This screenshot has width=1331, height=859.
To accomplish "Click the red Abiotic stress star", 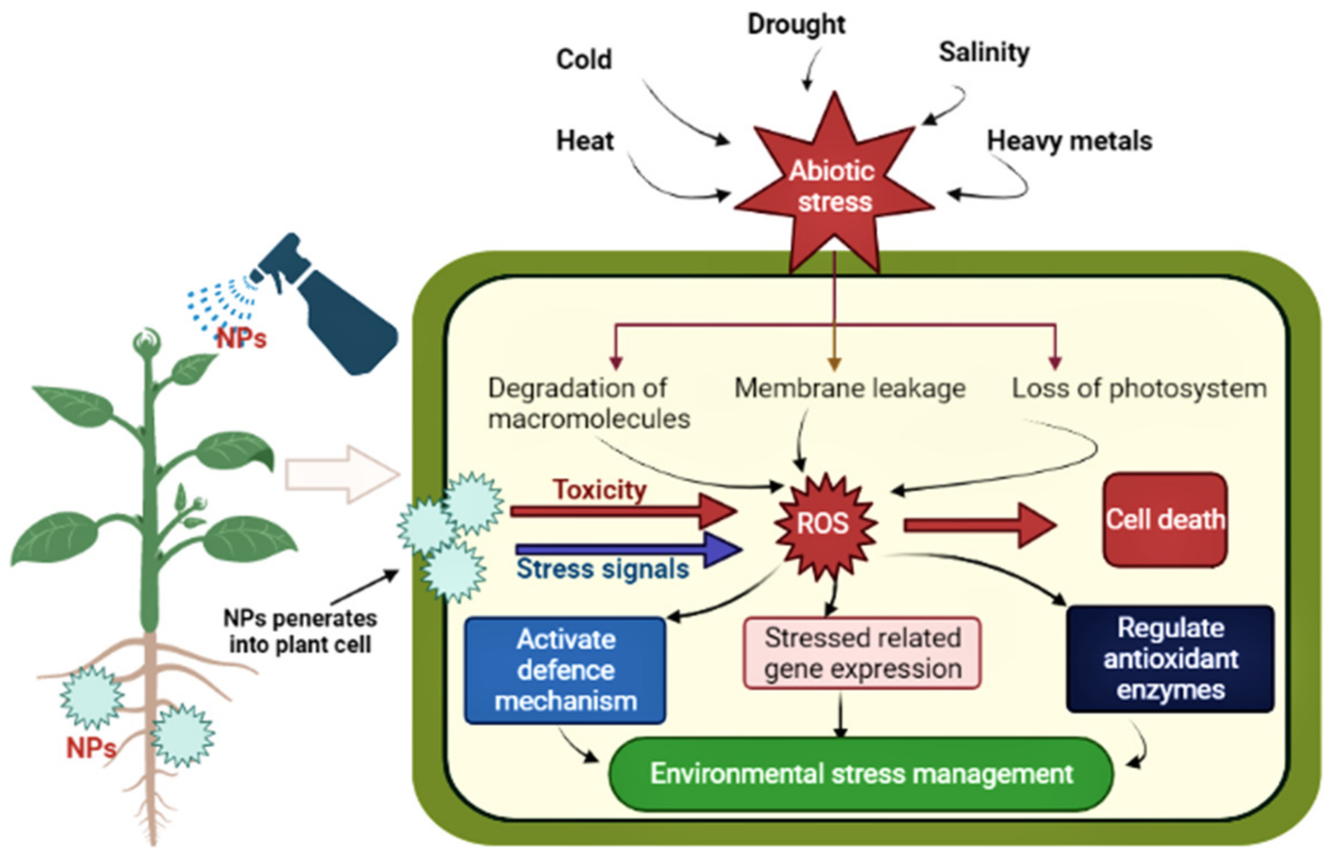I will pyautogui.click(x=833, y=186).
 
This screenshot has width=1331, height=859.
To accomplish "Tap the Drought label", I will pyautogui.click(x=796, y=25).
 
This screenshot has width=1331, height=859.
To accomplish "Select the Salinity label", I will pyautogui.click(x=983, y=52).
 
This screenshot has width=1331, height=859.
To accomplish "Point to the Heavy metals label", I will pyautogui.click(x=1069, y=141).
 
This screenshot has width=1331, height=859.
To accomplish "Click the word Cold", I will pyautogui.click(x=584, y=59).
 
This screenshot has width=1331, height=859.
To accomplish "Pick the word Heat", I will pyautogui.click(x=585, y=141).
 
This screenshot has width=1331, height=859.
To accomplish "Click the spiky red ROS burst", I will pyautogui.click(x=823, y=523).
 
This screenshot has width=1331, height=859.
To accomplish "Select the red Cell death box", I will pyautogui.click(x=1165, y=520).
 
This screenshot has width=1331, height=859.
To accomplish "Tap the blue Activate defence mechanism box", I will pyautogui.click(x=565, y=671).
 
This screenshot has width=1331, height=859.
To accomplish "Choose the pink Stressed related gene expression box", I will pyautogui.click(x=862, y=653).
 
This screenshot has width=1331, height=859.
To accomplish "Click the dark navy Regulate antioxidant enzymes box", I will pyautogui.click(x=1170, y=659).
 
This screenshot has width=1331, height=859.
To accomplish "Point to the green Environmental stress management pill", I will pyautogui.click(x=861, y=774).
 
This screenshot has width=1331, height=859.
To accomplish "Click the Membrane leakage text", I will pyautogui.click(x=850, y=388).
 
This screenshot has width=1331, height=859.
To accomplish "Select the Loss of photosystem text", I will pyautogui.click(x=1139, y=388).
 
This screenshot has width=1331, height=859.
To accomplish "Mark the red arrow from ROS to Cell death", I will pyautogui.click(x=979, y=526).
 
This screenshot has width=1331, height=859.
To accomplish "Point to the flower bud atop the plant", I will pyautogui.click(x=146, y=342).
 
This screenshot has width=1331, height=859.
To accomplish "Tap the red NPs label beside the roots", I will pyautogui.click(x=91, y=748).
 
